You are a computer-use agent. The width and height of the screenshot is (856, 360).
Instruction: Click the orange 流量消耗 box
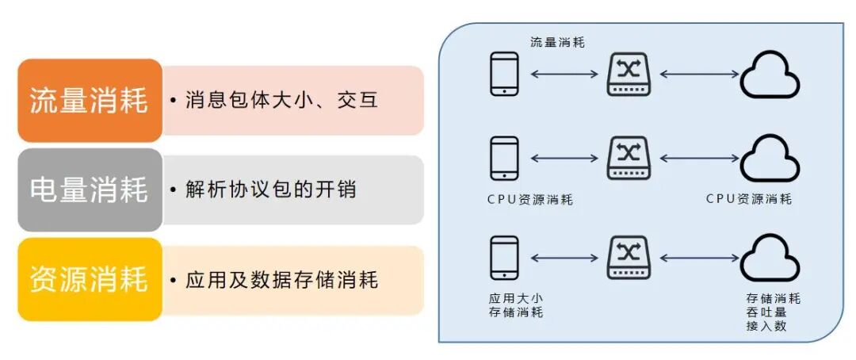point(89,101)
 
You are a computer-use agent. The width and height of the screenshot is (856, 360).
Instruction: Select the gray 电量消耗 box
point(89,190)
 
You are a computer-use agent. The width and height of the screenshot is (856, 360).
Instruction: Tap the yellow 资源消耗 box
point(89,279)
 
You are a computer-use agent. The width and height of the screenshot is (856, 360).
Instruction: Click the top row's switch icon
point(629,74)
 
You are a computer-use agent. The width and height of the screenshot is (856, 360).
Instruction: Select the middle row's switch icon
point(629,158)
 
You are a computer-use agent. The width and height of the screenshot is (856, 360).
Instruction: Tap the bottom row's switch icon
point(629,258)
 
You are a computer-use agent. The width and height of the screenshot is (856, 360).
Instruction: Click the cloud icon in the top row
point(770,74)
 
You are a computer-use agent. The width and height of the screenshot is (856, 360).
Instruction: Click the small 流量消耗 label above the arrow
point(558,42)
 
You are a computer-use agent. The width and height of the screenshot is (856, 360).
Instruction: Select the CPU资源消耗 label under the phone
point(529,199)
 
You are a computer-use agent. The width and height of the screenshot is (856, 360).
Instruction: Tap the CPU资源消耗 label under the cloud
point(748,199)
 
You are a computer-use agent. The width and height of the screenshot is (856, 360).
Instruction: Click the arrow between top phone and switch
point(564,75)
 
